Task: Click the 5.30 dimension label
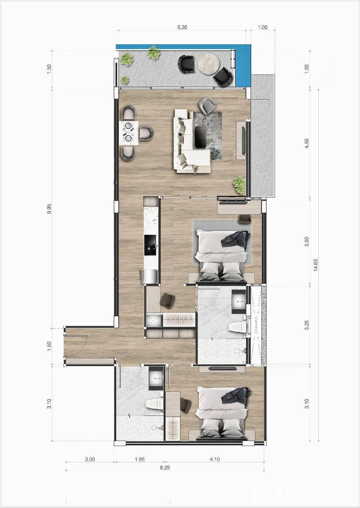click(x=182, y=27)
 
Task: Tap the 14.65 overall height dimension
click(x=315, y=265)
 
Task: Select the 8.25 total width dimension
click(x=165, y=468)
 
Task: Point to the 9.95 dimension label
click(x=49, y=209)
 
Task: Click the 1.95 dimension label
click(x=140, y=459)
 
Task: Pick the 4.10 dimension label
click(x=215, y=459)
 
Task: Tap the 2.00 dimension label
click(x=90, y=459)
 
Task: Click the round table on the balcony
click(x=209, y=64)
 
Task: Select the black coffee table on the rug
click(x=201, y=137)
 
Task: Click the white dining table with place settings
click(x=129, y=133)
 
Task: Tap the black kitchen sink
click(x=150, y=246)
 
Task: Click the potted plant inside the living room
click(x=239, y=185)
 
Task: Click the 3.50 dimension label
click(x=306, y=242)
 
